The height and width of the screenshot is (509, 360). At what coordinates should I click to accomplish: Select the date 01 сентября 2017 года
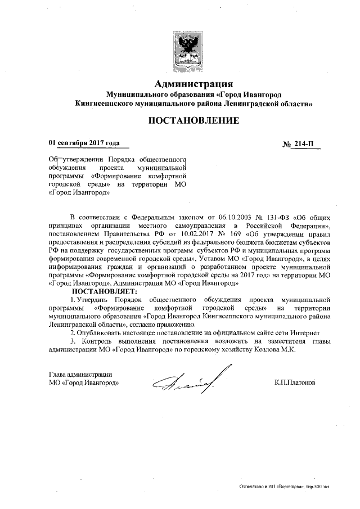pos(84,143)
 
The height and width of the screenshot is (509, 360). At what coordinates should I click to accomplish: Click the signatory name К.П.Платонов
pos(295,382)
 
